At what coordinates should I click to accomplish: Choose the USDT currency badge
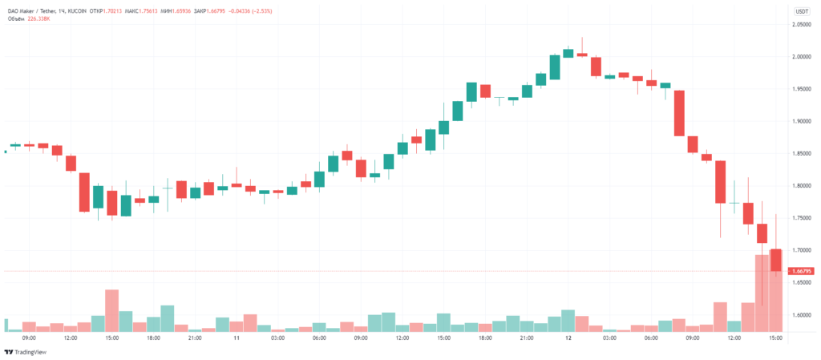click(x=802, y=11)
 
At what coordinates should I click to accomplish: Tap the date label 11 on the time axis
click(x=237, y=339)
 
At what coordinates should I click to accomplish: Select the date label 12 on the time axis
click(x=568, y=339)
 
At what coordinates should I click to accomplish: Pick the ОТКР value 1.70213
click(x=115, y=10)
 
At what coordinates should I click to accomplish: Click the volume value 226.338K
click(x=42, y=18)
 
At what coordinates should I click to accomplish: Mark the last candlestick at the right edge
click(x=776, y=261)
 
